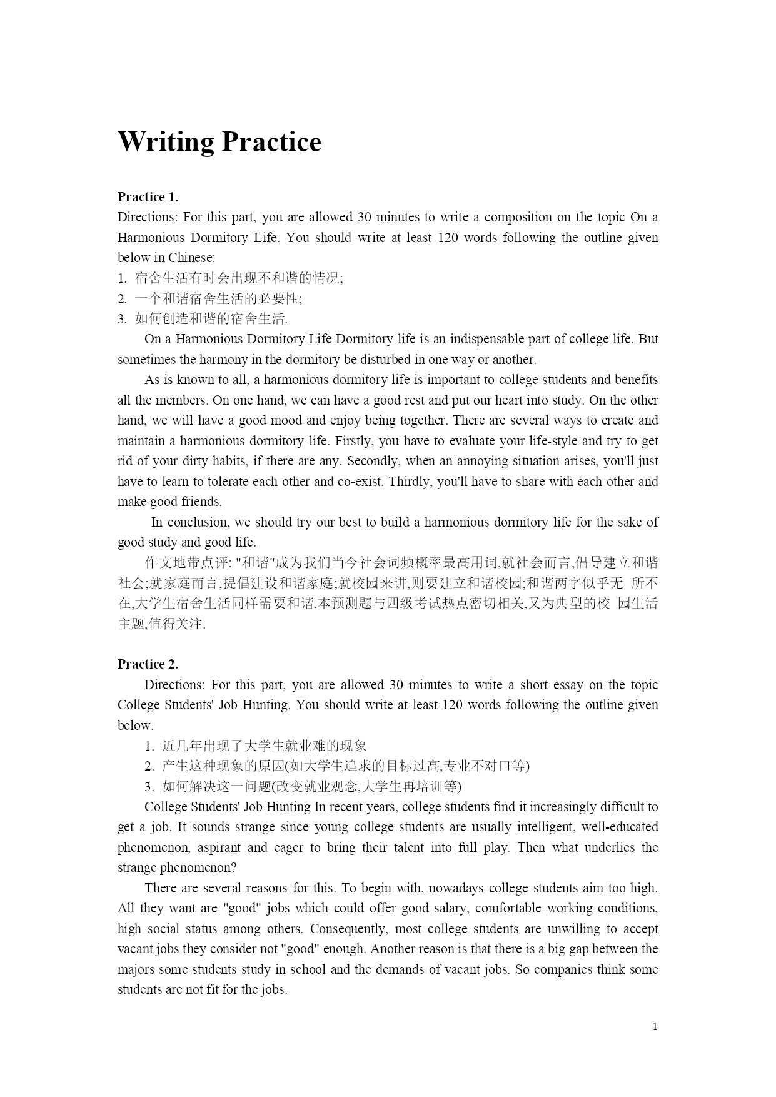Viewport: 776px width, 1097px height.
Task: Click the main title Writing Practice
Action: click(x=219, y=142)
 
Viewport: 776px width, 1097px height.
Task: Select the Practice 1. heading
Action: click(x=148, y=197)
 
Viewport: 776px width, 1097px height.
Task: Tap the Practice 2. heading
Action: click(x=148, y=664)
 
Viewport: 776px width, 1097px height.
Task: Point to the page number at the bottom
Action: click(x=655, y=1026)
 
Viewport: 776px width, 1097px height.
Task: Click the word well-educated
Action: click(x=620, y=827)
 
